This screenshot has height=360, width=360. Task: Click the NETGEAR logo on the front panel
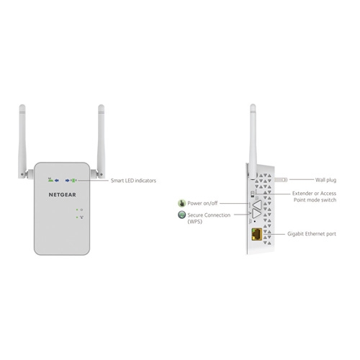(63, 194)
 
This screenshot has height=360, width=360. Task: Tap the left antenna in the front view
(22, 141)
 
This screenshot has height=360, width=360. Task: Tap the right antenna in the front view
(101, 141)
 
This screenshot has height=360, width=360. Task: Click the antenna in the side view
(253, 142)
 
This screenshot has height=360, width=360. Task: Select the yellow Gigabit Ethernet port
(256, 234)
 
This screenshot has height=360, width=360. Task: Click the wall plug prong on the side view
(281, 179)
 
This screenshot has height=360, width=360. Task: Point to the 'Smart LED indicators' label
(133, 181)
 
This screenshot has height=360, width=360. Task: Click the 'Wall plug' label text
(325, 180)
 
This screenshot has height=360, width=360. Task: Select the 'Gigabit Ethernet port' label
(312, 234)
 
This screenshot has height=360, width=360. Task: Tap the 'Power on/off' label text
(202, 203)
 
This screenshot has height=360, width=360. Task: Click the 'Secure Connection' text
(209, 215)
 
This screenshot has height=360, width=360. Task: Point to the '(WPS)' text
(194, 222)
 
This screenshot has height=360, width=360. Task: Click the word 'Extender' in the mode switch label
(302, 194)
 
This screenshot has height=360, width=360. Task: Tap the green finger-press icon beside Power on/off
(181, 203)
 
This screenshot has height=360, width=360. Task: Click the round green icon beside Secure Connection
(181, 215)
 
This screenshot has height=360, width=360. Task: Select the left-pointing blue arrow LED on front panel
(57, 181)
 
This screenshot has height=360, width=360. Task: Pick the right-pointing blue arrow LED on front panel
(68, 181)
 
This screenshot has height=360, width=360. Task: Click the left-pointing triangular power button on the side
(257, 205)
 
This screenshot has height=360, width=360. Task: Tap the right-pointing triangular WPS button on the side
(257, 214)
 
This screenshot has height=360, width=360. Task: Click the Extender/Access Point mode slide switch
(252, 194)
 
